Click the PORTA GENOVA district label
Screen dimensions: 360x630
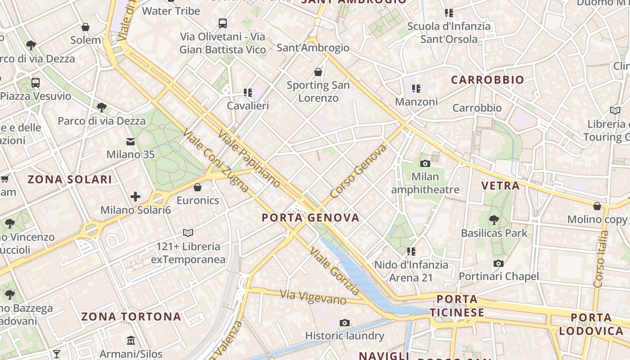pyautogui.click(x=310, y=218)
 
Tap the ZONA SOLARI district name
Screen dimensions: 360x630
pyautogui.click(x=70, y=180)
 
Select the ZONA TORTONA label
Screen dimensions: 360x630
pyautogui.click(x=131, y=316)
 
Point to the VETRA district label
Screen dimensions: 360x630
pyautogui.click(x=500, y=185)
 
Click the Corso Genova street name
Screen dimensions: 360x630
pyautogui.click(x=358, y=171)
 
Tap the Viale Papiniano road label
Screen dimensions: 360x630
pyautogui.click(x=248, y=158)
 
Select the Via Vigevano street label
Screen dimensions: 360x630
pyautogui.click(x=313, y=297)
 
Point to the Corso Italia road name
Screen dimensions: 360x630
pyautogui.click(x=601, y=259)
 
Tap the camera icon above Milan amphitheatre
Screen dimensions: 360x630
pyautogui.click(x=425, y=163)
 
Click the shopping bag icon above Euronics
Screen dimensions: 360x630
pyautogui.click(x=197, y=187)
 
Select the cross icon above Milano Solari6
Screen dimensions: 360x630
pyautogui.click(x=135, y=197)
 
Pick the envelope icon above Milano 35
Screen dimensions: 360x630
pyautogui.click(x=130, y=142)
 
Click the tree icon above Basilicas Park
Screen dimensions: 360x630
pyautogui.click(x=494, y=220)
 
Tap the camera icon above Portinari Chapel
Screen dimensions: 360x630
pyautogui.click(x=498, y=263)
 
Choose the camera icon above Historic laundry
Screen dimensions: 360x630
pyautogui.click(x=345, y=323)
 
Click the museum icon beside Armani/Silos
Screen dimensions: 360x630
pyautogui.click(x=131, y=340)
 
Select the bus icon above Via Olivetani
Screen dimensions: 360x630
pyautogui.click(x=222, y=23)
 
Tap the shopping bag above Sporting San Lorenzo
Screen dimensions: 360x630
pyautogui.click(x=318, y=72)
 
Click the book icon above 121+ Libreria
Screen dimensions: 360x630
pyautogui.click(x=188, y=233)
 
